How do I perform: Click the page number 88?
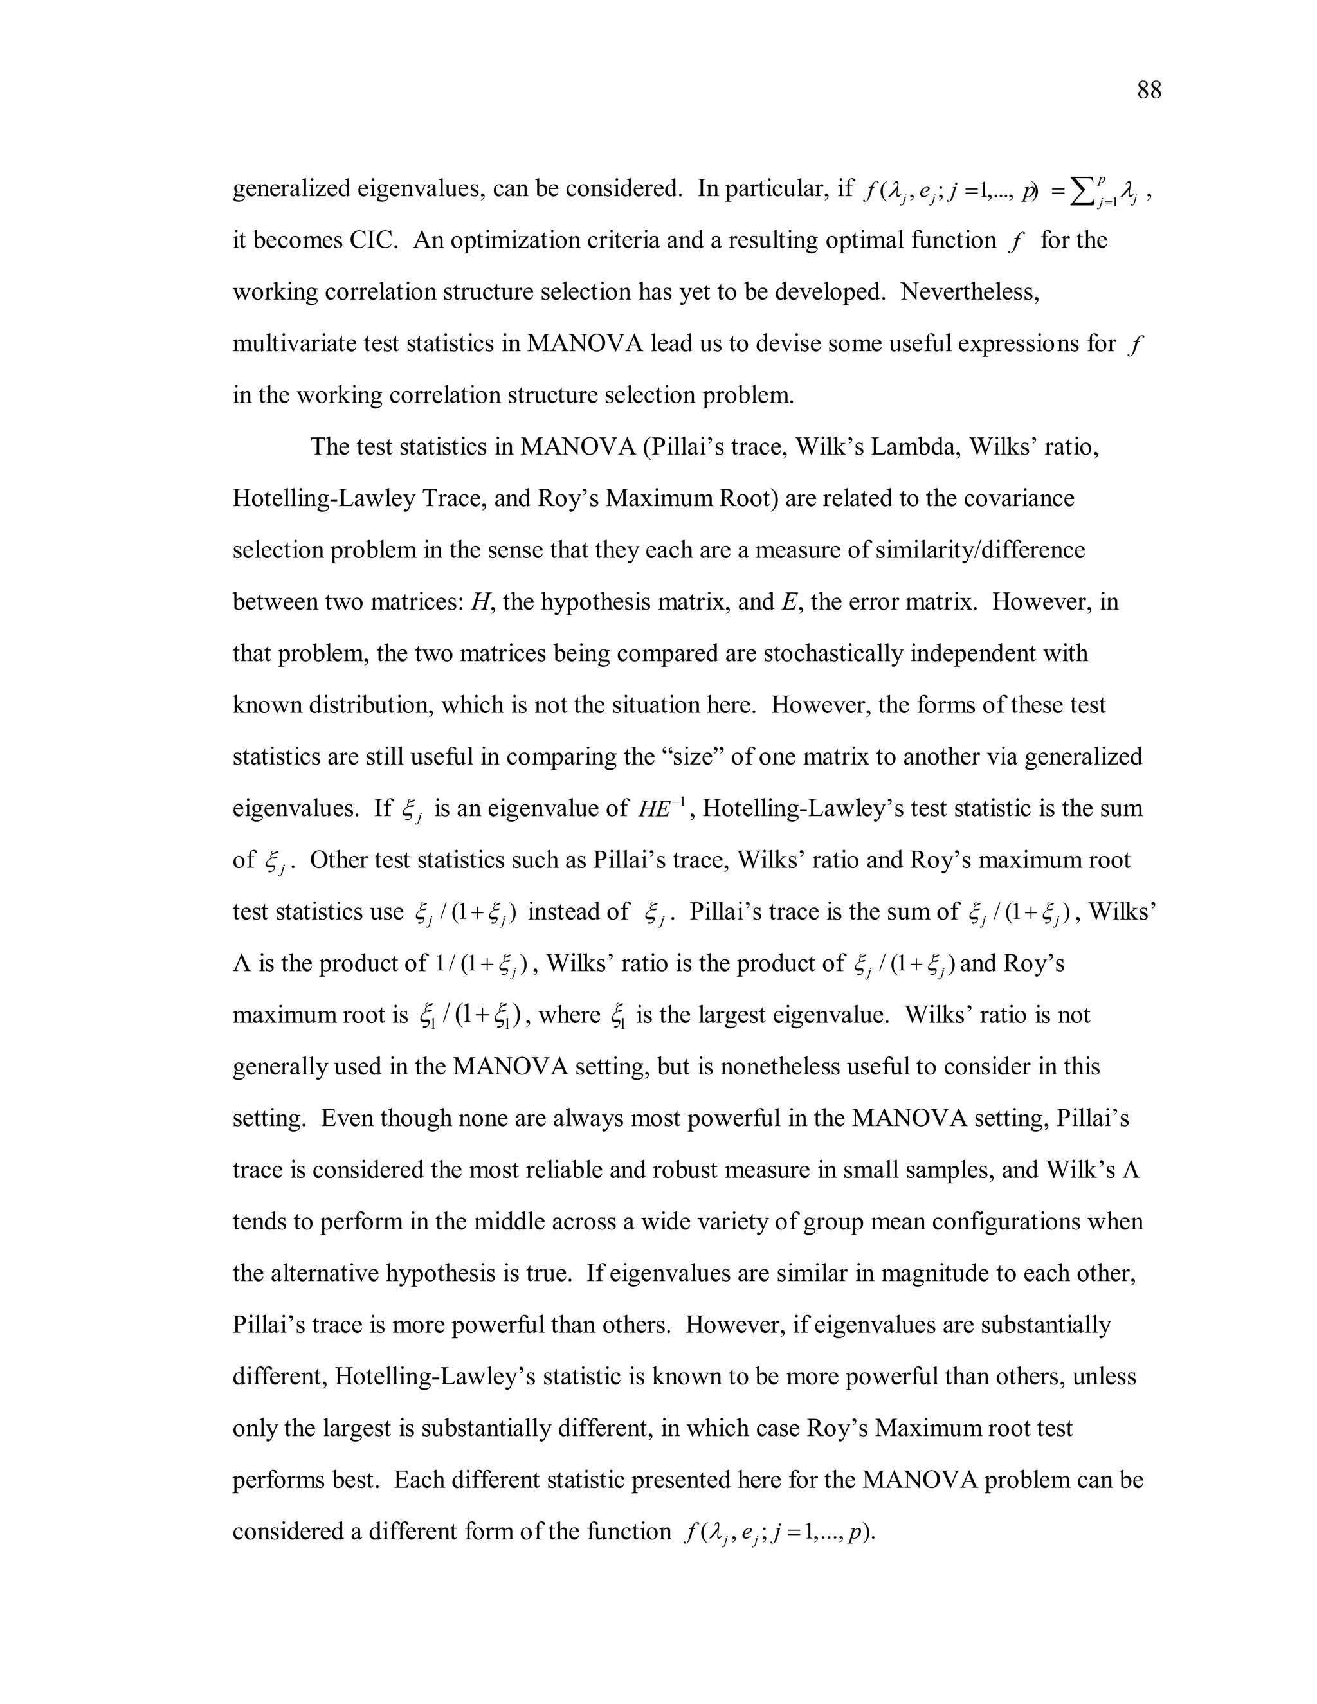1149,91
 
